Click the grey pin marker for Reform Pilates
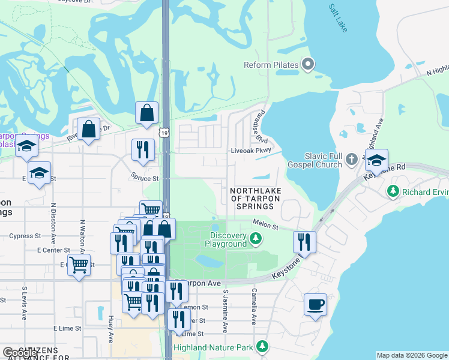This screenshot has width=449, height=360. coord(309,64)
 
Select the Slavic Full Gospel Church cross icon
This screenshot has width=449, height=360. coord(352,160)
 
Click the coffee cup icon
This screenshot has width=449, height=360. coord(316,304)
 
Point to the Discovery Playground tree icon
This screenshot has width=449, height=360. coord(256,239)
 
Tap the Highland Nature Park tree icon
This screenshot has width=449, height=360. coord(262,347)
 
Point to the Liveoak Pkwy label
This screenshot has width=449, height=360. coord(252,151)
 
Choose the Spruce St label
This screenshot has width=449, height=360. coord(145,178)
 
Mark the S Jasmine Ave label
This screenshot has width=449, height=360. coord(226,311)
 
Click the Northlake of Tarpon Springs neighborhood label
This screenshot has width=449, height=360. coord(253,198)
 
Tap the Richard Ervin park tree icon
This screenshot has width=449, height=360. coord(393,191)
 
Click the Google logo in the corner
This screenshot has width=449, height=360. coord(20,353)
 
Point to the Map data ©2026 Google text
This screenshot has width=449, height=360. coord(412,355)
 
